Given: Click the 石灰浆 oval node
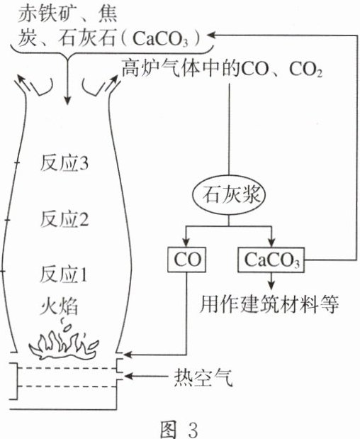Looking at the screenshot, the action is [x=229, y=195].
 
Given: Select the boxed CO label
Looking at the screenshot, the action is [x=186, y=260].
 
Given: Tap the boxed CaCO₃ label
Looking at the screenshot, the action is [x=271, y=260].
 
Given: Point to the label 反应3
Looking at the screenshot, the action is [x=64, y=162].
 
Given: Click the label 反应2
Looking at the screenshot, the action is [x=64, y=218].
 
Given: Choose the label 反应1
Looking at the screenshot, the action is [x=64, y=274].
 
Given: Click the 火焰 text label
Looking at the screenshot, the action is [x=59, y=306].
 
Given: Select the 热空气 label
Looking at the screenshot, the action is [x=203, y=377].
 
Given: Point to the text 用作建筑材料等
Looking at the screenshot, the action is [x=269, y=304].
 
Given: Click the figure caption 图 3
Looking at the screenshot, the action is [x=179, y=428].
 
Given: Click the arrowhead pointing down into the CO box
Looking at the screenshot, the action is [x=186, y=243].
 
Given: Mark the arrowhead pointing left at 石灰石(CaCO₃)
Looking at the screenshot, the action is [x=212, y=35].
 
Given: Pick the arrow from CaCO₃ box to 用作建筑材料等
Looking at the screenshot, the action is [x=271, y=281].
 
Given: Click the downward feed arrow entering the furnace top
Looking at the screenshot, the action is [x=67, y=80].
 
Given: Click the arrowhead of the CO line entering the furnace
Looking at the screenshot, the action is [x=128, y=355].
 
